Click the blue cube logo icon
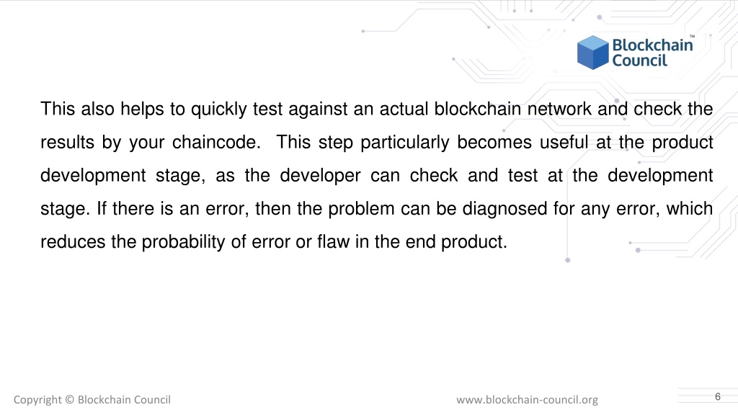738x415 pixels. coord(593,52)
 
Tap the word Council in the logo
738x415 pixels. coord(640,61)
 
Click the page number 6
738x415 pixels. coord(717,397)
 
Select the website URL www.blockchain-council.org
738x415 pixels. coord(527,400)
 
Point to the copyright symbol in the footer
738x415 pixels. coord(70,399)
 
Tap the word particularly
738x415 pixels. coord(405,143)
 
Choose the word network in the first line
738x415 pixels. coord(559,110)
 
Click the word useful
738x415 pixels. coord(564,142)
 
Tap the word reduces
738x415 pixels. coord(73,242)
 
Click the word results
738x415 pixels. coord(67,142)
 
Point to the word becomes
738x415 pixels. coord(494,142)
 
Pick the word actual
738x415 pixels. coord(404,110)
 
